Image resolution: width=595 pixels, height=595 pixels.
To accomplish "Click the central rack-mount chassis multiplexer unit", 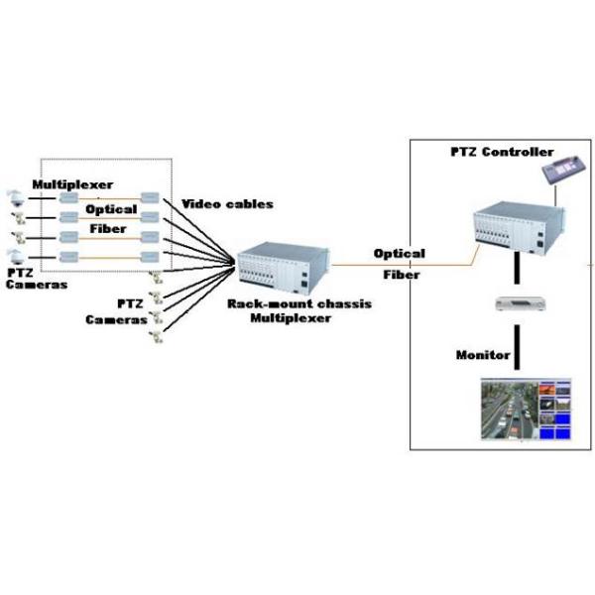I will [279, 268].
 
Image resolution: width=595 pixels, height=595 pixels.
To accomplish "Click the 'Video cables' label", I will [227, 204].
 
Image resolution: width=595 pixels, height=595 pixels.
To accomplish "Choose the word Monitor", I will [483, 354].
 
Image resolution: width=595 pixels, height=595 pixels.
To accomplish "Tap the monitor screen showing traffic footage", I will [522, 407].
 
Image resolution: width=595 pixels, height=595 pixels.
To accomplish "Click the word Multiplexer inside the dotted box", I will [72, 184].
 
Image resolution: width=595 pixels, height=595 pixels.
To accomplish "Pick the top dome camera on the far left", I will [14, 196].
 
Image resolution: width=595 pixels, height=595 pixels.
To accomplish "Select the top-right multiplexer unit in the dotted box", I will [151, 197].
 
